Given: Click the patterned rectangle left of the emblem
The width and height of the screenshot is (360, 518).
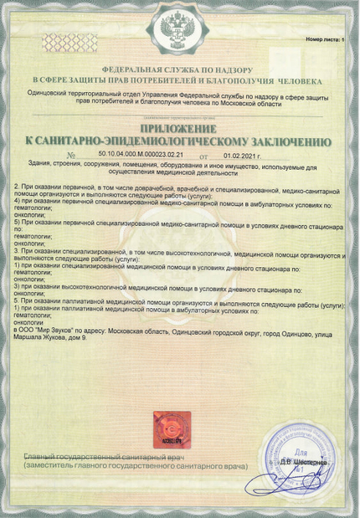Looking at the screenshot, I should coord(69,41).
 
